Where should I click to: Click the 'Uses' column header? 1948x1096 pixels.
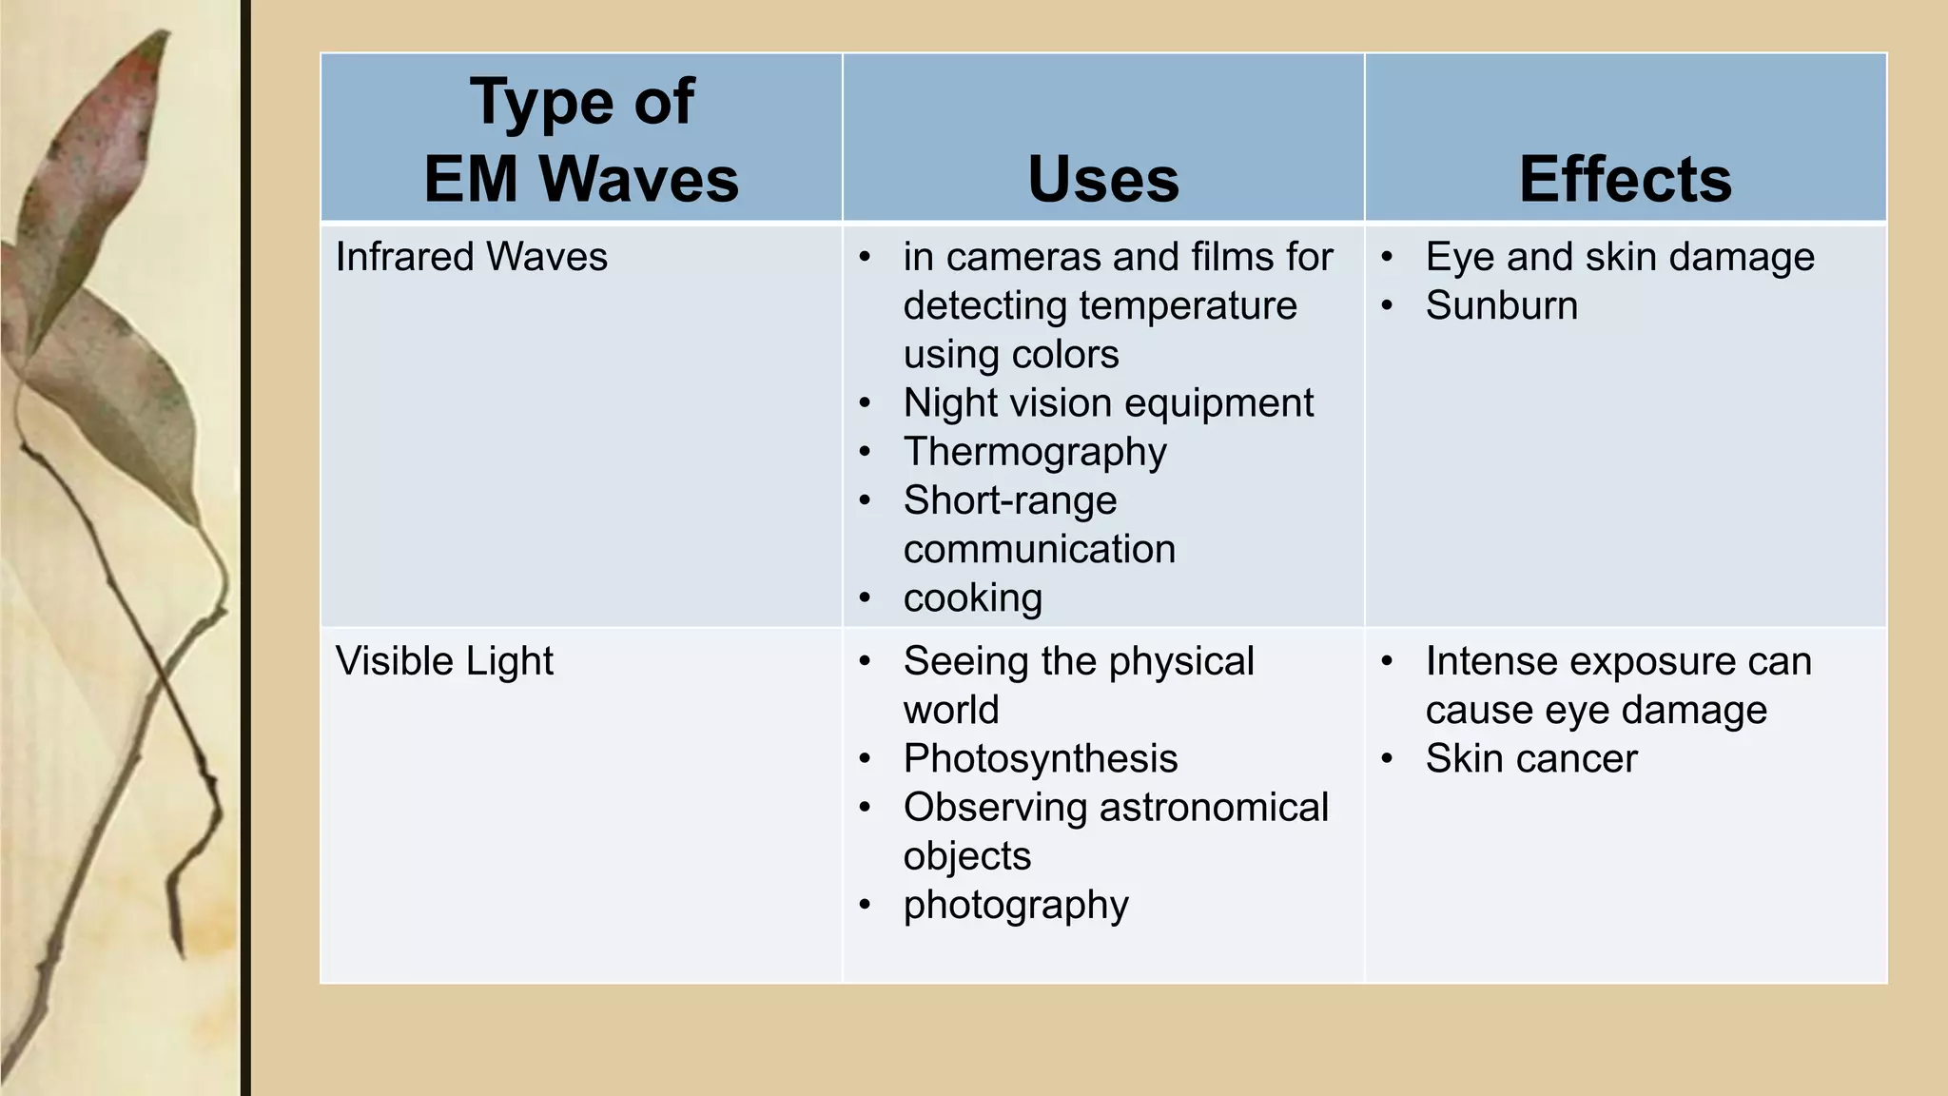tap(1103, 179)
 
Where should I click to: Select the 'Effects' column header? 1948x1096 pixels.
tap(1626, 179)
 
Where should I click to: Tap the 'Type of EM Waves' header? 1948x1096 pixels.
tap(581, 140)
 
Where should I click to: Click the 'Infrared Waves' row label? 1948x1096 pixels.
tap(471, 257)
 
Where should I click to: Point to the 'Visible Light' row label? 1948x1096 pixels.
tap(444, 661)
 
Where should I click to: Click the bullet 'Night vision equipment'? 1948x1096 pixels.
tap(1108, 402)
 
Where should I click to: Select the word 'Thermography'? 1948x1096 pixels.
tap(1035, 452)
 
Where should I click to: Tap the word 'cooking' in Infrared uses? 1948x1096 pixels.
tap(972, 598)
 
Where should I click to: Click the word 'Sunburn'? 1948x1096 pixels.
tap(1501, 305)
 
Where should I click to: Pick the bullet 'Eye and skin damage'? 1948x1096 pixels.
tap(1620, 257)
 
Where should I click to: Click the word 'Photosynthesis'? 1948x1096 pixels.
tap(1041, 759)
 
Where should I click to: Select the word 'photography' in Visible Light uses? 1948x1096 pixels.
tap(1016, 905)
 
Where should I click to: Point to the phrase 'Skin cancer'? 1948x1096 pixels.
tap(1531, 759)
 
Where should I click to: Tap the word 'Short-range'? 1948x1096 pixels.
tap(1010, 500)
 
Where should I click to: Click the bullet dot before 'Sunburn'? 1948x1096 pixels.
tap(1388, 306)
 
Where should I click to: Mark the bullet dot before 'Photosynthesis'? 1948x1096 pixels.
tap(865, 759)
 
